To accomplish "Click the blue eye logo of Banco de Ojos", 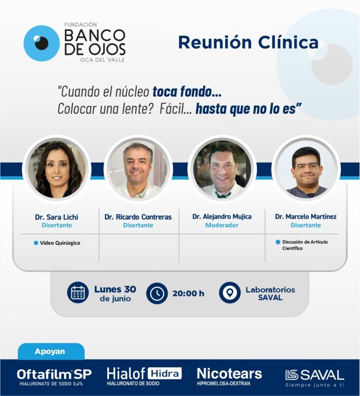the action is point(42,43).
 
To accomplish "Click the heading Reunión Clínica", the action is point(248,42).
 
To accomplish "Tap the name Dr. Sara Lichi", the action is point(57,217).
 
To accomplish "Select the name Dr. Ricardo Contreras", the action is point(138,217).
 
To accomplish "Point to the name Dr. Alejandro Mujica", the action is point(222,217).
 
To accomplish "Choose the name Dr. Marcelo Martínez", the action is point(306,217).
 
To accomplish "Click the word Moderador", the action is point(222,225).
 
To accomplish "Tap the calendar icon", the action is point(78,292).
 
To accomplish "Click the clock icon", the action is point(157,293).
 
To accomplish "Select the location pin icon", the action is point(230,293).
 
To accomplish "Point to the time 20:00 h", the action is point(188,294).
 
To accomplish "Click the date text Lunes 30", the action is point(115,289).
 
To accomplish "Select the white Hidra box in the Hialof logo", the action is point(164,373).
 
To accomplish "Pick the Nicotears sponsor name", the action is point(229,373).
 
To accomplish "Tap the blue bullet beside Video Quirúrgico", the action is point(36,243).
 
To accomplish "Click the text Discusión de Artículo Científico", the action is point(305,245).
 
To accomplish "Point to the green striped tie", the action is point(223,195).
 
